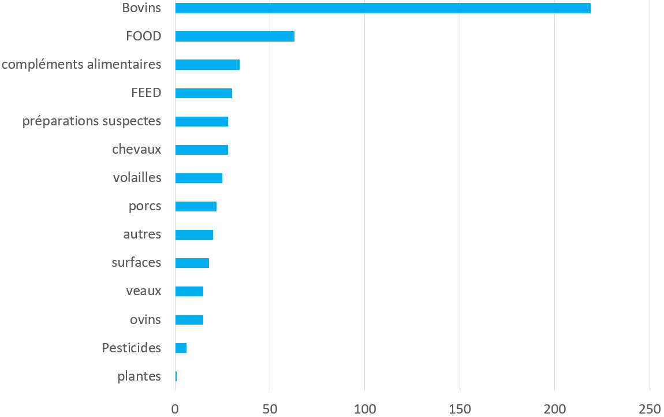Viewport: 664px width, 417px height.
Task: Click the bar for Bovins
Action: coord(382,8)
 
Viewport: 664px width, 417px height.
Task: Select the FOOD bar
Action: coord(234,36)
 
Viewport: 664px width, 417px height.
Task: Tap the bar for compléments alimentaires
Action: coord(207,65)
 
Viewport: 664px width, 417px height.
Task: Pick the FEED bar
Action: coord(203,93)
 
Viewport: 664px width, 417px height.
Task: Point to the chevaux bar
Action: coord(202,150)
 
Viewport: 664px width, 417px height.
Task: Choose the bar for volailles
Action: coord(199,178)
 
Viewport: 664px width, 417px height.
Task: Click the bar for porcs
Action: coord(196,206)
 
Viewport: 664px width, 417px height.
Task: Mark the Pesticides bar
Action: coord(181,348)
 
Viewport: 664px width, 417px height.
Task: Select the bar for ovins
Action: coord(189,319)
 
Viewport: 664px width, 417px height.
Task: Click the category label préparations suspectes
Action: coord(91,121)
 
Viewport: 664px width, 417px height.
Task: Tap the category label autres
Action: coord(142,234)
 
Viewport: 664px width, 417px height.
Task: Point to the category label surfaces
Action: coord(136,263)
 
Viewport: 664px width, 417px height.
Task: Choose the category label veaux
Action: coord(143,291)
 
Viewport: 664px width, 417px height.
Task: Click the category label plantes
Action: coord(139,377)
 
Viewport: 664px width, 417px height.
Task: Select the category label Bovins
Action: coord(141,8)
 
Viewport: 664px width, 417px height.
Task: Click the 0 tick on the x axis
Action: coord(175,408)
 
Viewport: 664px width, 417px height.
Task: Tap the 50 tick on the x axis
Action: coord(270,408)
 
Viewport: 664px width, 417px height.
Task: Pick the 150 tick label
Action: coord(460,408)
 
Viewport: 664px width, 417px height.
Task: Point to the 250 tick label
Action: coord(650,408)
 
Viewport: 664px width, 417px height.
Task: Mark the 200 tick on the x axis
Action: coord(554,408)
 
